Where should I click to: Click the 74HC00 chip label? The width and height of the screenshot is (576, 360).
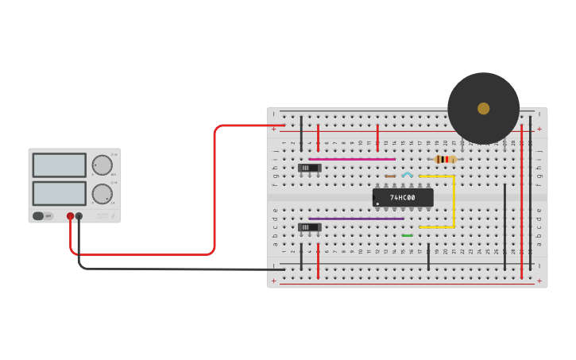tap(403, 197)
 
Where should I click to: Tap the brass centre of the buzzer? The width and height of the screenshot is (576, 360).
tap(483, 108)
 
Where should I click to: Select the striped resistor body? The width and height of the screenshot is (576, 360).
tap(446, 159)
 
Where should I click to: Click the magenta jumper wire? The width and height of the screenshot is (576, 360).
tap(352, 159)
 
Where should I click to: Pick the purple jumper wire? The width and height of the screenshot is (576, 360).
tap(356, 219)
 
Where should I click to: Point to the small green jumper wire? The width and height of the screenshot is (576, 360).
tap(408, 235)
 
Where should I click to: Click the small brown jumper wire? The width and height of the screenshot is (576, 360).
tap(390, 176)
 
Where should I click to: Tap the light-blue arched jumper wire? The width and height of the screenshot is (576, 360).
tap(408, 174)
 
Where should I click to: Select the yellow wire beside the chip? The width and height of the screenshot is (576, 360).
tap(454, 202)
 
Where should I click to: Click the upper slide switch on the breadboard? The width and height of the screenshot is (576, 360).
tap(309, 168)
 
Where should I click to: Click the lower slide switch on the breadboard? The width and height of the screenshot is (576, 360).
tap(309, 227)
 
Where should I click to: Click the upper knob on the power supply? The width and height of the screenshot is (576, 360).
tap(102, 165)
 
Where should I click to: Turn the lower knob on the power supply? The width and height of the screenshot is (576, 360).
tap(102, 194)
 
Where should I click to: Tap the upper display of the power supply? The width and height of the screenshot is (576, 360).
tap(60, 165)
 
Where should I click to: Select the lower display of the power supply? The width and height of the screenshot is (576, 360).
tap(60, 193)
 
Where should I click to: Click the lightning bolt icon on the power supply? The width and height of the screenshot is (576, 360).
tap(112, 215)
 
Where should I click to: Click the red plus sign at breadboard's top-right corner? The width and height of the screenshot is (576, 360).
tap(539, 129)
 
